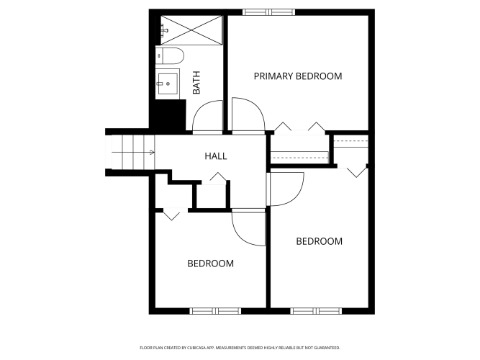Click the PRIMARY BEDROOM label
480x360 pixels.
coord(298,76)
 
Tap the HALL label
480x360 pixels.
coord(216,156)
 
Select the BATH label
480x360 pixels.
coord(196,82)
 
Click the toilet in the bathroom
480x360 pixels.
coord(170,55)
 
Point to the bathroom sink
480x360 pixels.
coord(167,84)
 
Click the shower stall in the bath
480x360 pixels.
coord(191,30)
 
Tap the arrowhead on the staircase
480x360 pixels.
coord(152,152)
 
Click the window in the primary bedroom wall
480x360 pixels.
coord(268,12)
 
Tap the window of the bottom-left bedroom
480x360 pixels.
coord(215,311)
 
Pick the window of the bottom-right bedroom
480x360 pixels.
coord(316,311)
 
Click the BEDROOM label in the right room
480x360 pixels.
coord(320,241)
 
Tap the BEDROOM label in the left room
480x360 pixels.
coord(211,264)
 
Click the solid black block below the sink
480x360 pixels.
coord(170,115)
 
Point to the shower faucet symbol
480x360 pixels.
coord(165,30)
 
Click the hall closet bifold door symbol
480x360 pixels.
coord(218,177)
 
